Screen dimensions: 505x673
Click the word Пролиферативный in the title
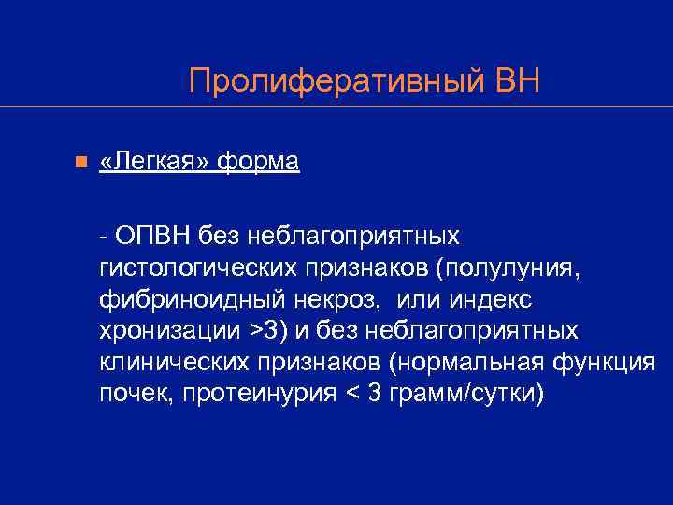point(333,81)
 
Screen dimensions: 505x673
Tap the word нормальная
point(471,362)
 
